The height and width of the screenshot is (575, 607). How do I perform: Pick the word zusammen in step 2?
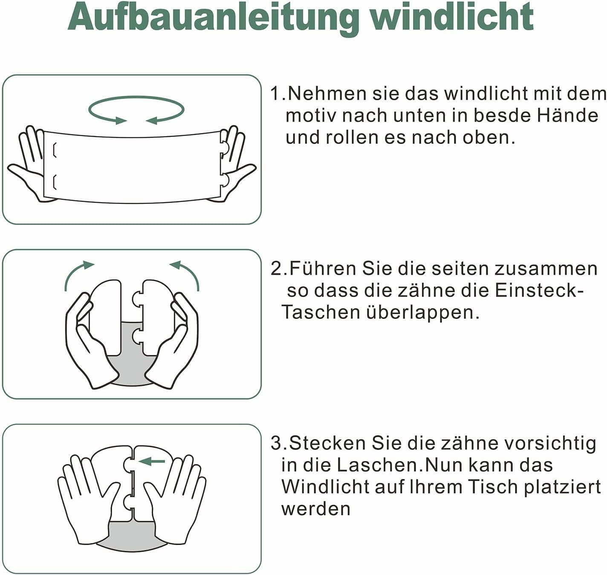tap(546, 269)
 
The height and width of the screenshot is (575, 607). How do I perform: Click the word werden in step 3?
tap(315, 509)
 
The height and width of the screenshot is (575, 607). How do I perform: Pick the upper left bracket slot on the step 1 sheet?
tap(55, 151)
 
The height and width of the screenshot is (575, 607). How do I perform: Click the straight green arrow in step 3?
tap(152, 462)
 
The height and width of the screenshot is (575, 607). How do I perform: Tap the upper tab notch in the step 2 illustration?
tap(137, 299)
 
